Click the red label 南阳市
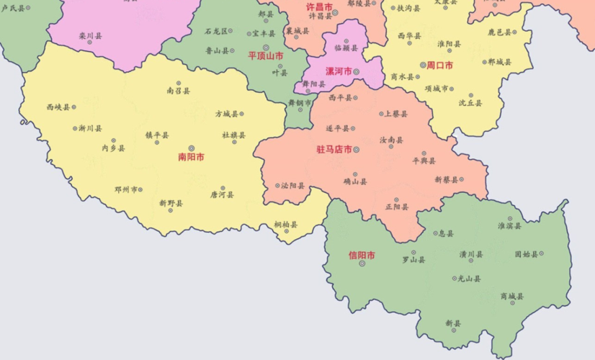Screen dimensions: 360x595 click(x=191, y=156)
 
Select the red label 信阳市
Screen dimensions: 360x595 click(x=362, y=255)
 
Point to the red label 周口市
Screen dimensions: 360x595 click(x=439, y=65)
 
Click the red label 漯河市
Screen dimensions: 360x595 click(x=339, y=71)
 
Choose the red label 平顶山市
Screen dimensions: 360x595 click(x=266, y=55)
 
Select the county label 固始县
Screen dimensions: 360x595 click(x=526, y=253)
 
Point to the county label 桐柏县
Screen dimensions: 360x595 click(x=286, y=225)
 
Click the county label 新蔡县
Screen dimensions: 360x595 click(x=447, y=179)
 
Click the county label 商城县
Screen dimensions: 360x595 click(x=512, y=296)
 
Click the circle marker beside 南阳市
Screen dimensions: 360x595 click(x=191, y=148)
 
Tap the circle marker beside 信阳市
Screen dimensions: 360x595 click(x=362, y=264)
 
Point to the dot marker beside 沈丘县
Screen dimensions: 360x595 click(x=471, y=95)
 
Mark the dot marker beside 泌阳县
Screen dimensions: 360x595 click(x=277, y=186)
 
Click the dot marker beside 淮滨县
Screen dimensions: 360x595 click(x=509, y=218)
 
